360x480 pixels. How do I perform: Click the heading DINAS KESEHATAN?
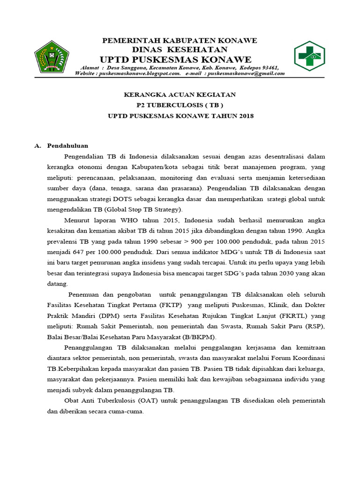180,50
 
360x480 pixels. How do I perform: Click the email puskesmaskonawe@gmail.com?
246,73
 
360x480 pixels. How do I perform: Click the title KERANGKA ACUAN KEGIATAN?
180,95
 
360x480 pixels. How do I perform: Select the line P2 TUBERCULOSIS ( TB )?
180,105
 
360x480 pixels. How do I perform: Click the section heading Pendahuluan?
67,146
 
